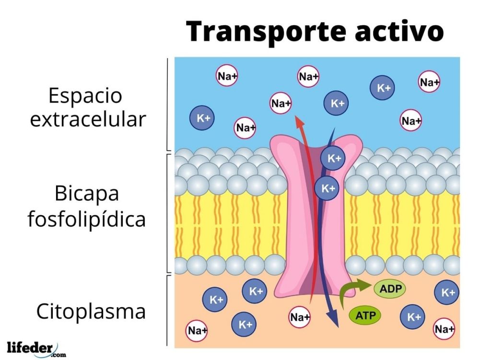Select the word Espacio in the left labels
[85, 96]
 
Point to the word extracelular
[88, 119]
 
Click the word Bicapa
[87, 195]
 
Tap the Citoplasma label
[91, 312]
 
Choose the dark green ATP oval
[365, 315]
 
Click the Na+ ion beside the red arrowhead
[281, 103]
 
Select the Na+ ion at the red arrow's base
[300, 317]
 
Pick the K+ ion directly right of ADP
[448, 292]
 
